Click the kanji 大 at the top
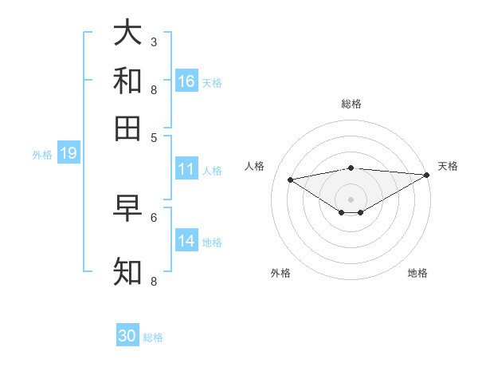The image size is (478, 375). click(127, 34)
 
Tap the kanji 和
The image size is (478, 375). click(127, 81)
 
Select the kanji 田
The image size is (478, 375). click(127, 128)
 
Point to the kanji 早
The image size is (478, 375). click(127, 210)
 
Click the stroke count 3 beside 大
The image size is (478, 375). click(154, 41)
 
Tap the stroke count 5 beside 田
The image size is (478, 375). click(154, 136)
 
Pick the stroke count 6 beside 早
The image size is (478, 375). click(154, 217)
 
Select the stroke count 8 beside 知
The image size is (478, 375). click(154, 281)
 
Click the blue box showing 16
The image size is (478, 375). click(186, 81)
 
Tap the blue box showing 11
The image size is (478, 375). click(186, 169)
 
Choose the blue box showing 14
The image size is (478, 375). click(186, 241)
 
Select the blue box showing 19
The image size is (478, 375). click(69, 154)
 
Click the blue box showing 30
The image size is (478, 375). click(127, 336)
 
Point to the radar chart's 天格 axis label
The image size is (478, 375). click(448, 166)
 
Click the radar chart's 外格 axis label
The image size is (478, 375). click(280, 273)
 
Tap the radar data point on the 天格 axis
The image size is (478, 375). click(428, 175)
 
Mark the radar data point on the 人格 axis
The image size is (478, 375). click(290, 179)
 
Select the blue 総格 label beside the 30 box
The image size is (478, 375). click(153, 337)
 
